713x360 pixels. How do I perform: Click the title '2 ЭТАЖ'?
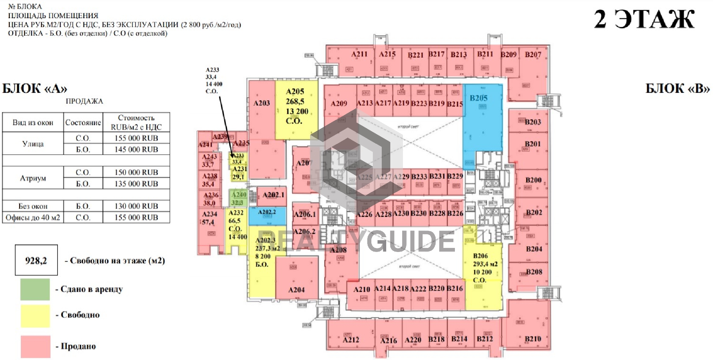pyautogui.click(x=644, y=19)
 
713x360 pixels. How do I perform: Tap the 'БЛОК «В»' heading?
pyautogui.click(x=678, y=88)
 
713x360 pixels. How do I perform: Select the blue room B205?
pyautogui.click(x=482, y=126)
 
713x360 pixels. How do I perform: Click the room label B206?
pyautogui.click(x=480, y=256)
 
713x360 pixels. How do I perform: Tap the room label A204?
pyautogui.click(x=296, y=290)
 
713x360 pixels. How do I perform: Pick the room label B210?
pyautogui.click(x=533, y=339)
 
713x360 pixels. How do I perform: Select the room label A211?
pyautogui.click(x=359, y=54)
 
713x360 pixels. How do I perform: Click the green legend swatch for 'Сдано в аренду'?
pyautogui.click(x=35, y=289)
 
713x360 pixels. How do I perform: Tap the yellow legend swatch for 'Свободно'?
pyautogui.click(x=35, y=316)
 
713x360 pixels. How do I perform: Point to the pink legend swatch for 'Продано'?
pyautogui.click(x=35, y=347)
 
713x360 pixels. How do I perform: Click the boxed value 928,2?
pyautogui.click(x=36, y=261)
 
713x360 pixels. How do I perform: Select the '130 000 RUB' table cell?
pyautogui.click(x=136, y=206)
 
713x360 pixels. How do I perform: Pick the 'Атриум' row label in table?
pyautogui.click(x=33, y=178)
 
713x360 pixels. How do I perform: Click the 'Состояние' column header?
pyautogui.click(x=83, y=122)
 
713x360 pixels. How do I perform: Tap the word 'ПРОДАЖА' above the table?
pyautogui.click(x=84, y=101)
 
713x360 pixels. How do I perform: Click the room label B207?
pyautogui.click(x=533, y=55)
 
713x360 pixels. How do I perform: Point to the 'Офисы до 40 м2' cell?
pyautogui.click(x=33, y=217)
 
